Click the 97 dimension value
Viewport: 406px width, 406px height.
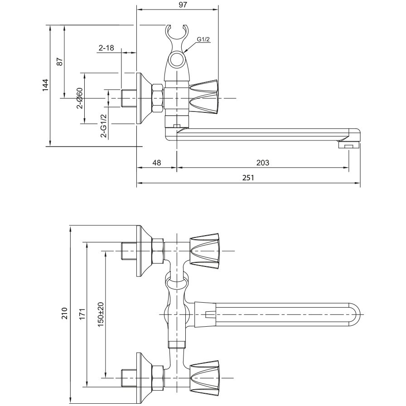tap(183, 5)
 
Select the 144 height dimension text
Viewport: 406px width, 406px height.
tap(46, 85)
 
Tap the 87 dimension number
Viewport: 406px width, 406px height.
tap(60, 62)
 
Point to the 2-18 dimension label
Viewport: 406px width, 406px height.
tap(106, 48)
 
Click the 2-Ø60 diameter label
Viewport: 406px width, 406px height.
tap(79, 98)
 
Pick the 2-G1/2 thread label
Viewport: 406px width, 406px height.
tap(104, 126)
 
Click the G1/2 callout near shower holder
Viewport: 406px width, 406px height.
tap(203, 39)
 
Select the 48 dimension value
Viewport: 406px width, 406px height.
tap(157, 163)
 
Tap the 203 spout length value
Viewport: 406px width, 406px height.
tap(262, 163)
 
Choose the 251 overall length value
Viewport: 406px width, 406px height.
tap(248, 178)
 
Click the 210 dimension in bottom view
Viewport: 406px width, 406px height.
tap(64, 313)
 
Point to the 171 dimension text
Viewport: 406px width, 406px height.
tap(82, 314)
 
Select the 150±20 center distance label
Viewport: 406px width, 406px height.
tap(101, 314)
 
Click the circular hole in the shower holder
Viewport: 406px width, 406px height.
tap(177, 59)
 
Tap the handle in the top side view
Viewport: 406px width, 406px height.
tap(204, 97)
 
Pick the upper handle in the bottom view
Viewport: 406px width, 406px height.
tap(204, 251)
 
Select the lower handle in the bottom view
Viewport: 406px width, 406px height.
tap(204, 378)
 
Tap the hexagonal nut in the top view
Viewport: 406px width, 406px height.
tap(158, 98)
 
